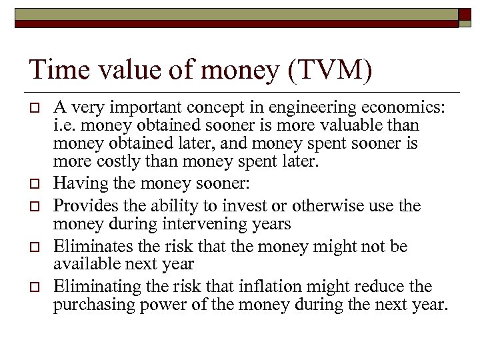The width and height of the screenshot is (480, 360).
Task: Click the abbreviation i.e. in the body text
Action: tap(65, 125)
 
